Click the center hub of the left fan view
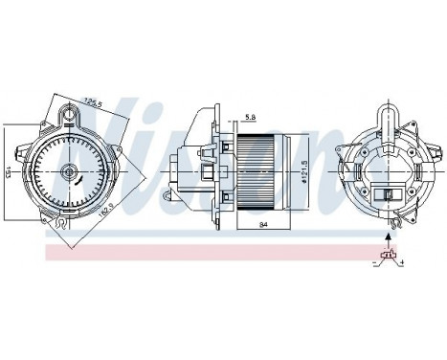coord(68,172)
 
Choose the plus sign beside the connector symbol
coord(401,261)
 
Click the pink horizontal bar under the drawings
coord(191,251)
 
